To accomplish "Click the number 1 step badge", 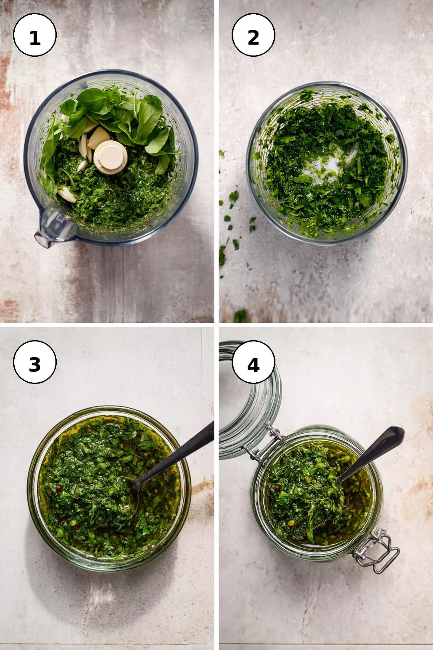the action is (35, 35).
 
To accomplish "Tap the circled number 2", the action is (253, 35).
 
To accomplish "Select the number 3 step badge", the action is (35, 362).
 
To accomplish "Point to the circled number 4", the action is (253, 362).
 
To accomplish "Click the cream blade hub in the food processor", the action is (110, 157).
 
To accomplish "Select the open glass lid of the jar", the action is (249, 400).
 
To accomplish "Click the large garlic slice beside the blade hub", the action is (99, 137).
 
